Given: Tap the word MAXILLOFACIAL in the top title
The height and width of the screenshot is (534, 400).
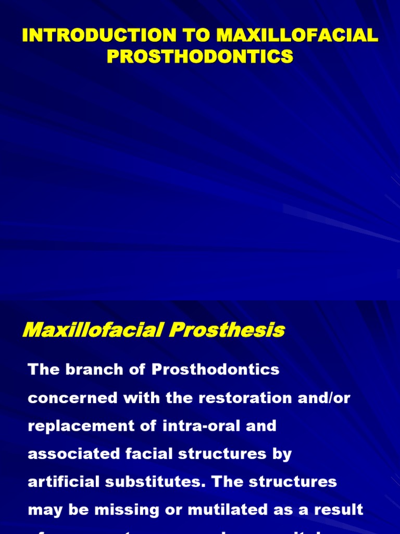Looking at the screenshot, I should click(x=297, y=36).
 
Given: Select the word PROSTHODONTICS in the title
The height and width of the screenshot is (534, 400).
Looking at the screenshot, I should click(x=200, y=56).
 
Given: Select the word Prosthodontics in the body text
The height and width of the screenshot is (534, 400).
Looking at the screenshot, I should click(x=216, y=370).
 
